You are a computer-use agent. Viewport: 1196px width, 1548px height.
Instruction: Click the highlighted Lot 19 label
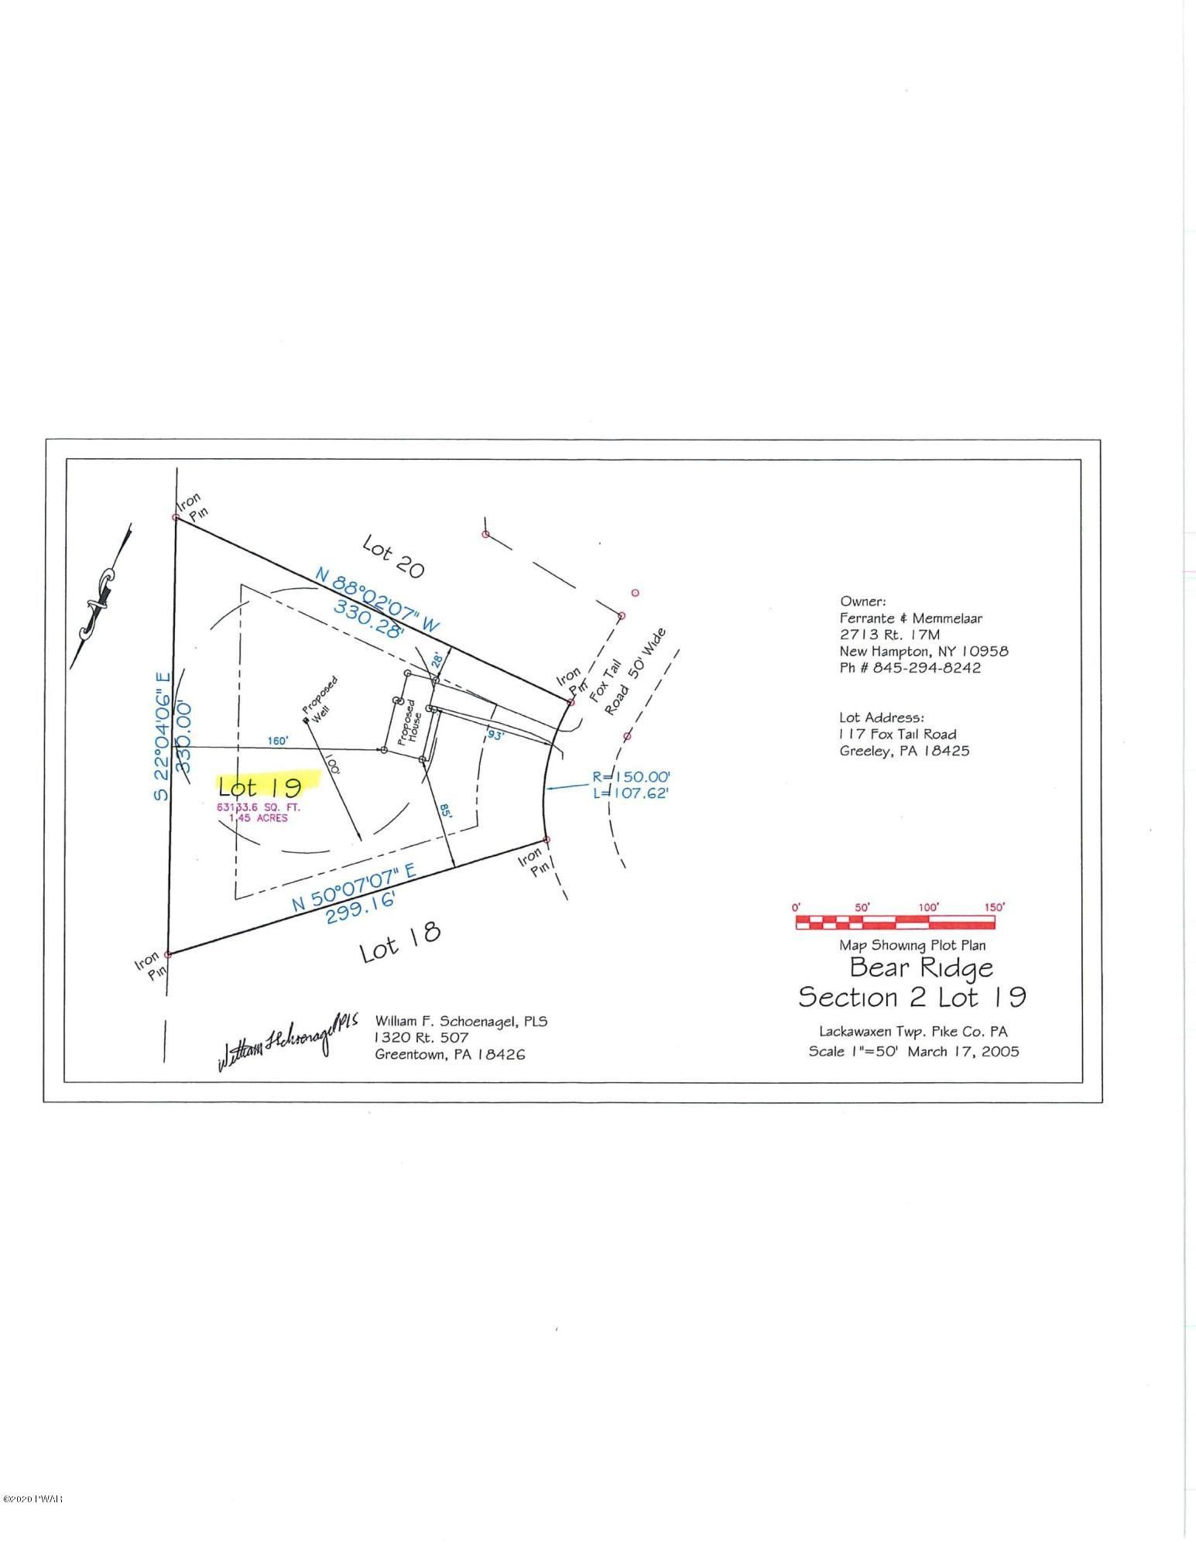point(260,787)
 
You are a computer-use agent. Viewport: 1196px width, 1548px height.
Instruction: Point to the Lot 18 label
point(400,940)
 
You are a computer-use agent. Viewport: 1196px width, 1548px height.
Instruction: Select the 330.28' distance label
point(369,618)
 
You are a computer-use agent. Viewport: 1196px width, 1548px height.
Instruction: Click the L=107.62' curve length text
point(629,793)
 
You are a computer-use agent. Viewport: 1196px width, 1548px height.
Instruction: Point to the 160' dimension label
point(277,741)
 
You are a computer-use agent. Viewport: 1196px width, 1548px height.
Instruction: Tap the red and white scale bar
point(895,922)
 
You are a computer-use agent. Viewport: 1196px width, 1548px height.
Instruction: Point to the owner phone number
point(910,668)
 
